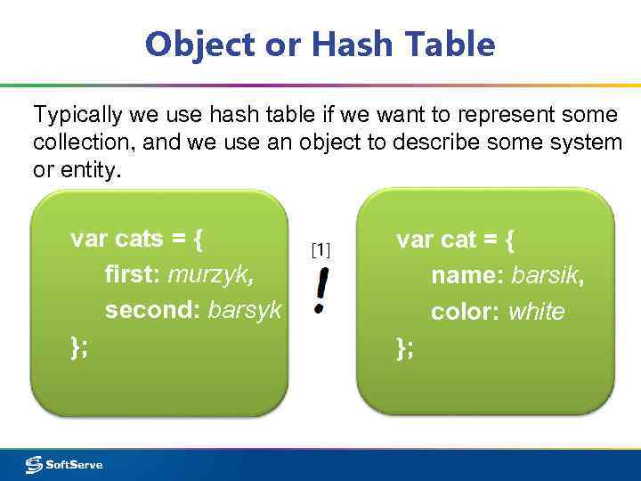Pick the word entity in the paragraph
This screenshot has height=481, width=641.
(89, 170)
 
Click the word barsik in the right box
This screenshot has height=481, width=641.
(548, 276)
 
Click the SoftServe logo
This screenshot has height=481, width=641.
(64, 464)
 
